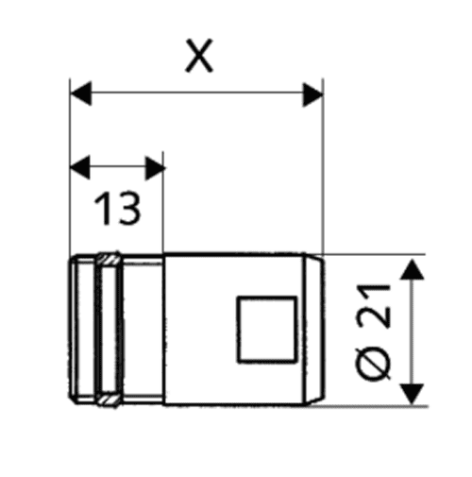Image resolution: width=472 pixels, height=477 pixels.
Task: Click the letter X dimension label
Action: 199,56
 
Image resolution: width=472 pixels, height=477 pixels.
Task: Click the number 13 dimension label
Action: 117,209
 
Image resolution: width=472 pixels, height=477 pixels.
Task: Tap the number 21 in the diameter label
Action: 374,305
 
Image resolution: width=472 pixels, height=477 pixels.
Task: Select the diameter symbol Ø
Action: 373,363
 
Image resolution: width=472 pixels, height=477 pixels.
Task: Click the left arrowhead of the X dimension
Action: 81,94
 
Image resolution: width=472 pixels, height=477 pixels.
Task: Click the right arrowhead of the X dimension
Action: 312,94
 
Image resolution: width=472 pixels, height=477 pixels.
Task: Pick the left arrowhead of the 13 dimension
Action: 80,167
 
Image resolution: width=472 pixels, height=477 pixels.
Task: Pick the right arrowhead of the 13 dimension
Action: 155,168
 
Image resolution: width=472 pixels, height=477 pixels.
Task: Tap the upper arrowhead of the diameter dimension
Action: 412,269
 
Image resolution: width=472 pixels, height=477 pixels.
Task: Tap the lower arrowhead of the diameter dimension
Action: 412,394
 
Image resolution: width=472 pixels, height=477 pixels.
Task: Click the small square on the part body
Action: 267,330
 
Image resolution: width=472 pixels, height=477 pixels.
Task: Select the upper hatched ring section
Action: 109,259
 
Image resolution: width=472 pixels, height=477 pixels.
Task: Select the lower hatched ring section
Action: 109,400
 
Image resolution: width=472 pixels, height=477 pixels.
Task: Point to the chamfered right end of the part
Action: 314,329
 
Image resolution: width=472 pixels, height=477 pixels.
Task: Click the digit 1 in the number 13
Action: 102,209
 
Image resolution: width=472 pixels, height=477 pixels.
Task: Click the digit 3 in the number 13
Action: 128,209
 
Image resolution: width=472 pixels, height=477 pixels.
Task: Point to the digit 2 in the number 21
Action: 374,315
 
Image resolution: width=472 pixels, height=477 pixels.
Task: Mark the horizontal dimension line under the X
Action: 196,94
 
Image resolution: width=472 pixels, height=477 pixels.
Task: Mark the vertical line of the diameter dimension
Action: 412,332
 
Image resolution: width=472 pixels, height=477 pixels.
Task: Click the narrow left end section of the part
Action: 82,330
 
